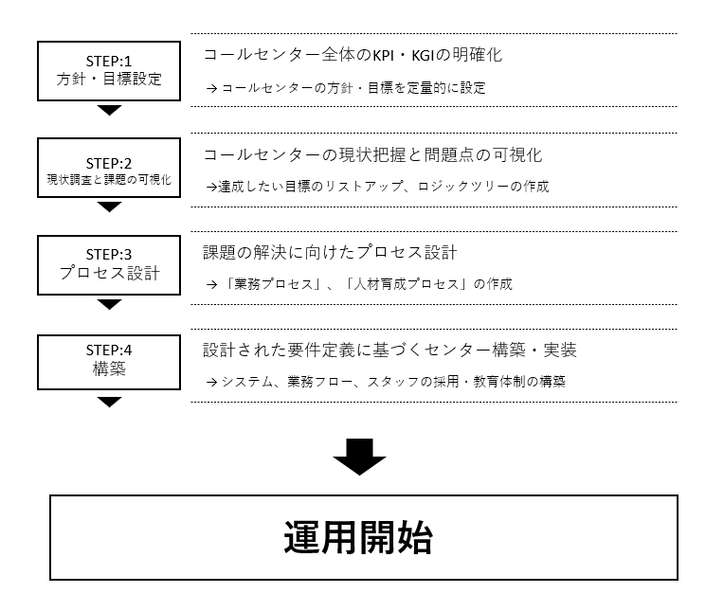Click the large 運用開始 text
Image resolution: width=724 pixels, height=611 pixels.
358,538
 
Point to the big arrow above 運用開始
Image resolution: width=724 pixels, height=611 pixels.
360,457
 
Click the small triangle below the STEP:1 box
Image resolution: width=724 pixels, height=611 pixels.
109,110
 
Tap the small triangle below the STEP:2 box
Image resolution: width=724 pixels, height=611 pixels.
109,207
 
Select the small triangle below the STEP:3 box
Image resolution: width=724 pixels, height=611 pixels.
109,305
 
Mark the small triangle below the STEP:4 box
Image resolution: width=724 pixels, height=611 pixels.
109,402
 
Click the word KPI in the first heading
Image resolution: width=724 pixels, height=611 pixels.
383,55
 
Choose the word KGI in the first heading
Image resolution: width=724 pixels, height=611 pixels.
423,55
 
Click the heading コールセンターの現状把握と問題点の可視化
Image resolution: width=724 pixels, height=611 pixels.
372,155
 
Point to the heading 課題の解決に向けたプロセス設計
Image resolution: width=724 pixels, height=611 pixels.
330,252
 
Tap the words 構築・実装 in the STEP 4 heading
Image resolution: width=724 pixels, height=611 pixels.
534,350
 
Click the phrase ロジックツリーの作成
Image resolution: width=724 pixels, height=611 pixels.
483,187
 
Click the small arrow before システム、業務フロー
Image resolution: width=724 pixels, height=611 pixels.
211,382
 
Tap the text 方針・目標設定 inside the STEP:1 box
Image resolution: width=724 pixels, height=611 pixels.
109,79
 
